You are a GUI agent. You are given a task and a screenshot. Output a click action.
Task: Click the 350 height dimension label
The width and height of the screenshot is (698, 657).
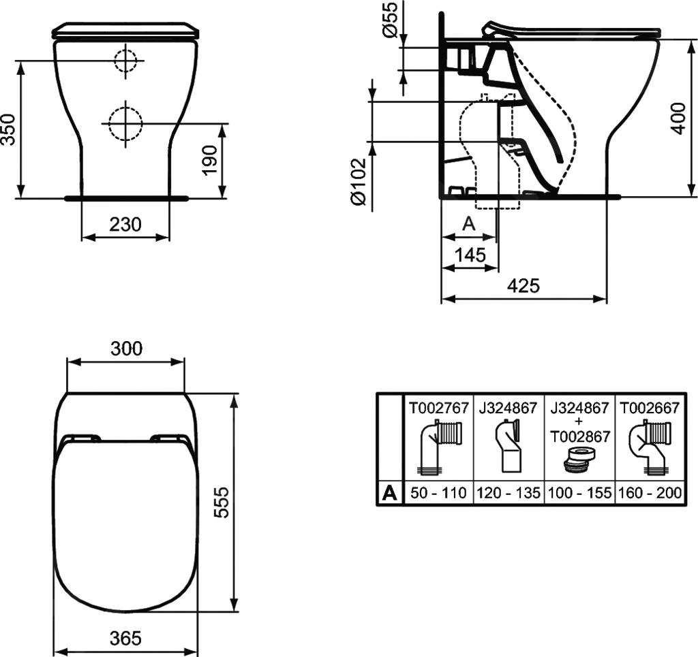[x=8, y=128]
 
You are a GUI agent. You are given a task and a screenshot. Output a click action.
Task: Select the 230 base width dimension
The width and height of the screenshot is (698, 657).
[x=125, y=223]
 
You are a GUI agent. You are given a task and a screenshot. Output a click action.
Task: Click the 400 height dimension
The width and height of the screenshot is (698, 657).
[x=679, y=117]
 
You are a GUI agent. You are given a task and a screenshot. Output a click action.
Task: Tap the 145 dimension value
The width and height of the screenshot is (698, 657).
[x=470, y=255]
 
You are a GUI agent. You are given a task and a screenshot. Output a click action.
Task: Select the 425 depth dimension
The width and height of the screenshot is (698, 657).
[x=523, y=285]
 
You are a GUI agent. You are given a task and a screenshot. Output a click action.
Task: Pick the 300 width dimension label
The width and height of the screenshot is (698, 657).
[x=126, y=349]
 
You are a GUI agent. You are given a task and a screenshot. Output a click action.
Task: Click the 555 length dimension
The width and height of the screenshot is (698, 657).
[x=221, y=502]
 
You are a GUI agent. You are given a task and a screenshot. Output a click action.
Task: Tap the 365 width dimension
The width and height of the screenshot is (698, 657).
[x=125, y=638]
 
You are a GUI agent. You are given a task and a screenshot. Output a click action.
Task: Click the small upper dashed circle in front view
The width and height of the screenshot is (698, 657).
[x=125, y=61]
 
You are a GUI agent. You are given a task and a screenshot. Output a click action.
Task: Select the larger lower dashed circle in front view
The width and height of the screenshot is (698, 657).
[x=125, y=123]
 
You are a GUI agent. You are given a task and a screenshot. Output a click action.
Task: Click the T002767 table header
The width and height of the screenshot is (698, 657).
[x=438, y=408]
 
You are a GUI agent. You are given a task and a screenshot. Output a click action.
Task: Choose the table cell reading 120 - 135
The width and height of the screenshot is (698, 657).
[x=509, y=493]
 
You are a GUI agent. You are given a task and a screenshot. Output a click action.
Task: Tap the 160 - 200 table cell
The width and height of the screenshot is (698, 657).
[x=650, y=493]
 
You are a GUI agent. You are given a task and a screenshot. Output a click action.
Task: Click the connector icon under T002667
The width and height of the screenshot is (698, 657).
[x=650, y=447]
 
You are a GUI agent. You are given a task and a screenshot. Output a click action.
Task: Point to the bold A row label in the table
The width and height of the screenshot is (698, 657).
[x=389, y=493]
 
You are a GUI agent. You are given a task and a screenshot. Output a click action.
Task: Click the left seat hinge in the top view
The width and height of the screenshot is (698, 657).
[x=82, y=438]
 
